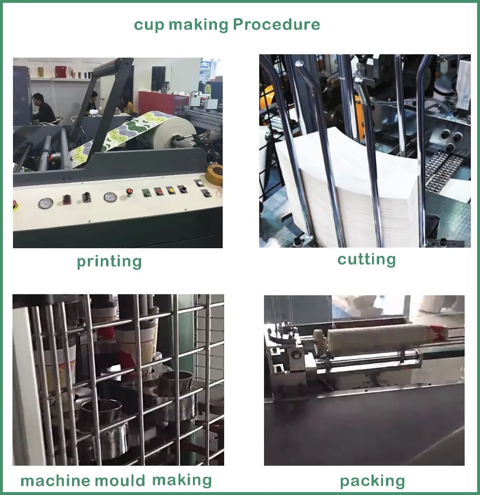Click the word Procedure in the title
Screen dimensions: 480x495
[276, 24]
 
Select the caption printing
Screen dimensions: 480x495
[109, 262]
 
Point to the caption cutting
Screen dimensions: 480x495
[366, 259]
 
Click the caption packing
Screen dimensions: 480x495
[372, 481]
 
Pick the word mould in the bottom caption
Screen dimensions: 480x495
[120, 481]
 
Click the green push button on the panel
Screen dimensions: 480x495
[146, 192]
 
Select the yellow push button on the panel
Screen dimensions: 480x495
[171, 190]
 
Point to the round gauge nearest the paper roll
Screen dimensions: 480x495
[110, 197]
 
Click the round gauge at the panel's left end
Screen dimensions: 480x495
[46, 203]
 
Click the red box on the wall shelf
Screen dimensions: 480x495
[61, 72]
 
